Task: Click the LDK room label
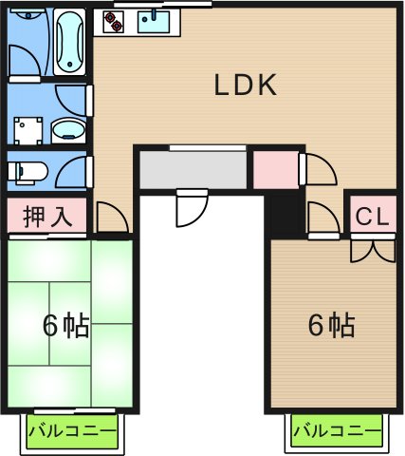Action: [x=244, y=86]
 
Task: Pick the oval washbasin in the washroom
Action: [x=65, y=129]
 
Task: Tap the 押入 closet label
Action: [x=46, y=216]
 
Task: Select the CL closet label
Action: [x=373, y=217]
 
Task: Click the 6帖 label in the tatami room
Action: [x=65, y=326]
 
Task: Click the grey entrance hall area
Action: [x=194, y=170]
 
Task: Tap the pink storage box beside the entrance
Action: [x=275, y=170]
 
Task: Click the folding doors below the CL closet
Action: [x=373, y=249]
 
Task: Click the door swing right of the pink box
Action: [x=319, y=171]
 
